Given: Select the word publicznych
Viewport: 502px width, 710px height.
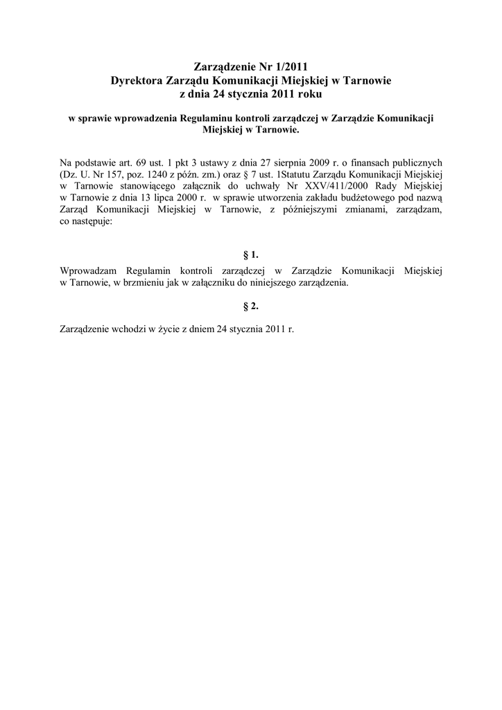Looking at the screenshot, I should (413, 163).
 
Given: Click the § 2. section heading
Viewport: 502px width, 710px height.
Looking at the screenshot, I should (250, 305).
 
